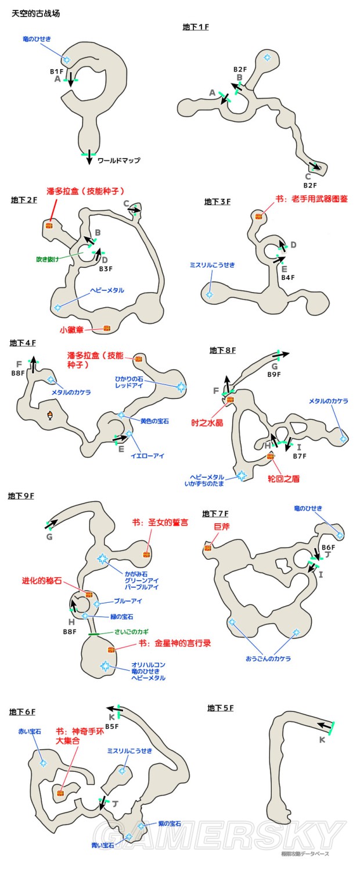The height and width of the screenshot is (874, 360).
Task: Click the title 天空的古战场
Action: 35,13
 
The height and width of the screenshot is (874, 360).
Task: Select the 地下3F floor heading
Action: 217,202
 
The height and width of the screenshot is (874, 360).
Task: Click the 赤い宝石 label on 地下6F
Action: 29,732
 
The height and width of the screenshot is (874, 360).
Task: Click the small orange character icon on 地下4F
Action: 51,415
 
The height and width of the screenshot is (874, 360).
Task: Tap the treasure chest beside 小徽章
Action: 107,328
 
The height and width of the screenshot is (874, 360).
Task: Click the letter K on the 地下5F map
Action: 322,740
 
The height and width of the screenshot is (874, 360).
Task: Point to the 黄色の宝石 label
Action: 154,420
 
